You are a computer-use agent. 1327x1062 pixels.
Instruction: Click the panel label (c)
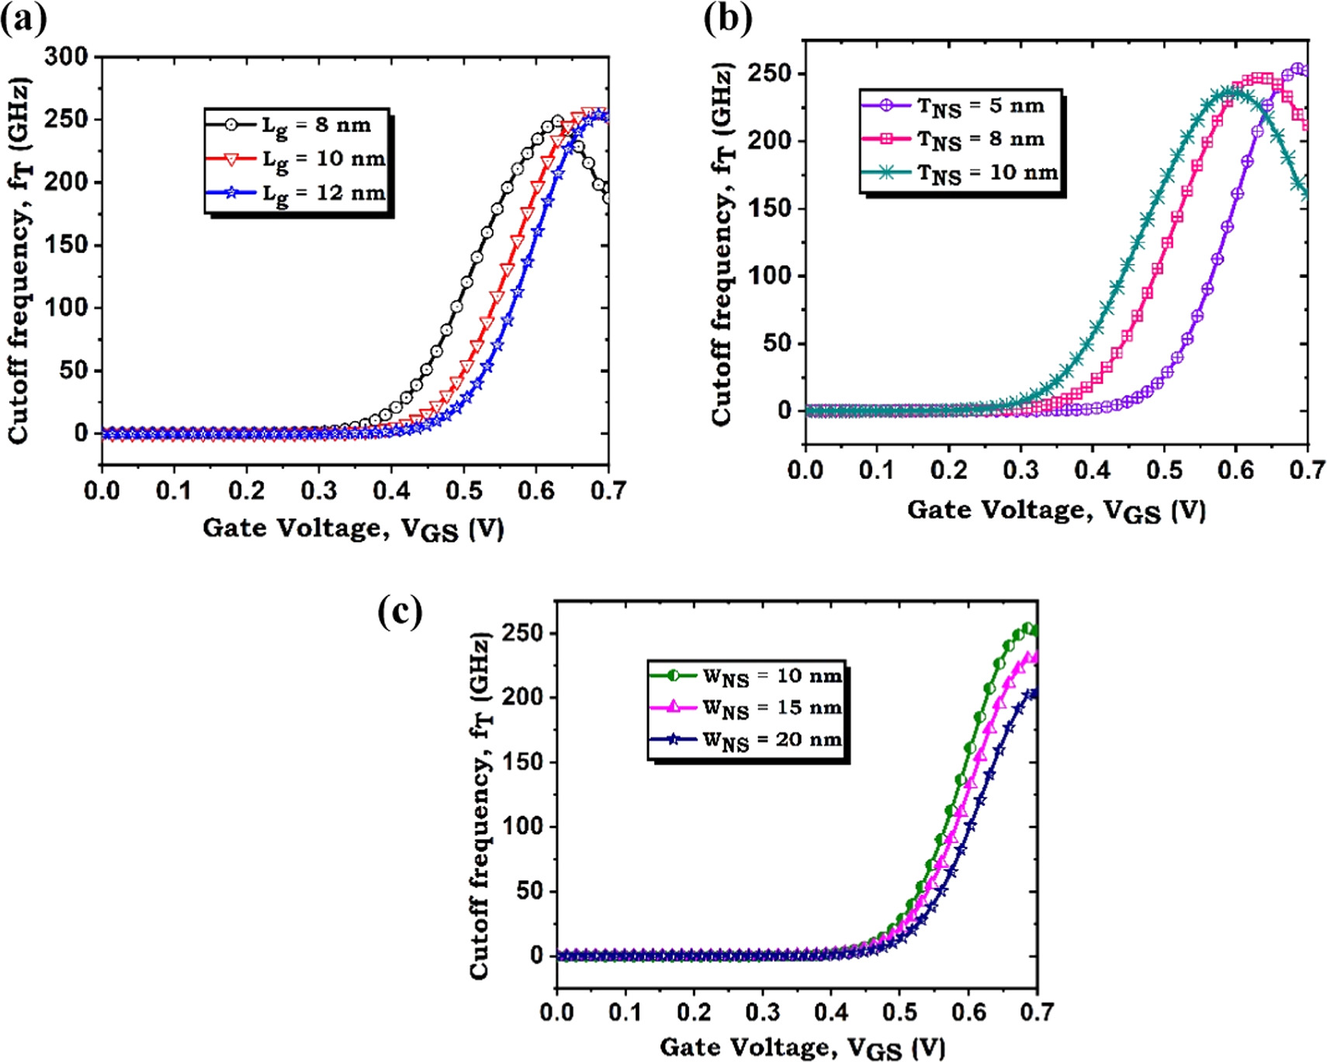tap(400, 611)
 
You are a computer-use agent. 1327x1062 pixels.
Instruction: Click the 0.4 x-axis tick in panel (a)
tap(391, 491)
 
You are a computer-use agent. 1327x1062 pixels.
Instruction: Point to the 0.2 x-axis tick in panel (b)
tap(949, 470)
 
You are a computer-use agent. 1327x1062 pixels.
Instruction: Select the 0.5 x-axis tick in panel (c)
tap(900, 1012)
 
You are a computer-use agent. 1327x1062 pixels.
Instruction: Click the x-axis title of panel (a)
tap(354, 529)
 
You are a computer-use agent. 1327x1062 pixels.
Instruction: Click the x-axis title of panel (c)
tap(802, 1048)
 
